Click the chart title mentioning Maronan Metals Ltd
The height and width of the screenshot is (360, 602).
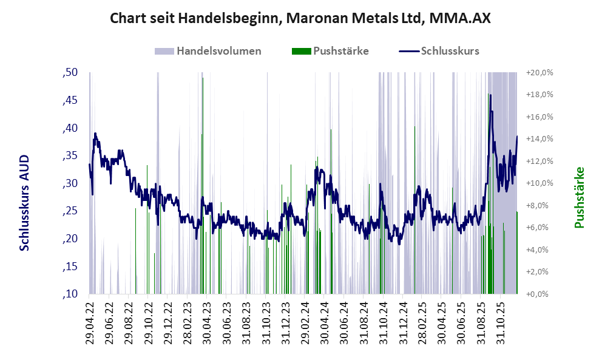pos(300,19)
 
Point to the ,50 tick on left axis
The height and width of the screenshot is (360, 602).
pos(70,73)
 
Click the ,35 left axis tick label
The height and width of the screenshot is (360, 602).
pos(70,155)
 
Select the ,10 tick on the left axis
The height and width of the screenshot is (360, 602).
pos(70,294)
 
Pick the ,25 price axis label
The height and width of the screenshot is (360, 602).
pos(70,211)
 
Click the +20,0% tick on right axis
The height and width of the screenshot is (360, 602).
pos(539,73)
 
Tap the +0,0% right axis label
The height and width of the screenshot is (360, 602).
pos(539,294)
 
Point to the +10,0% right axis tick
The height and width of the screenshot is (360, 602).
pos(539,183)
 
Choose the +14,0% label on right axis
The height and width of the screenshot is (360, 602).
pos(539,139)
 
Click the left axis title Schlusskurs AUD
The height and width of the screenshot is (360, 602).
pos(25,202)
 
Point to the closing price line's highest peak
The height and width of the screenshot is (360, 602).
pos(490,95)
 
